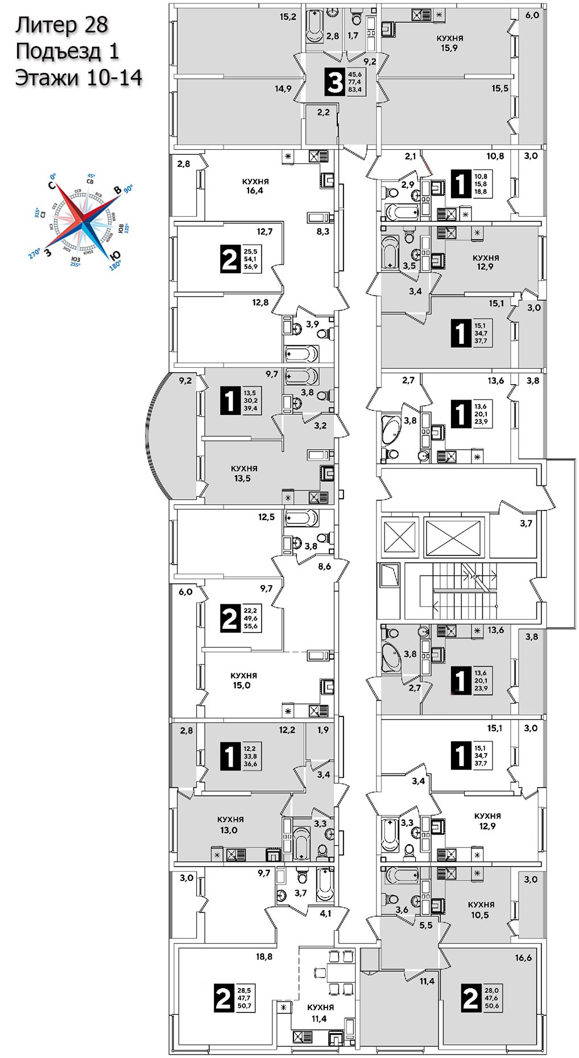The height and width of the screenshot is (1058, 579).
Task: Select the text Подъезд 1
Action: click(x=67, y=51)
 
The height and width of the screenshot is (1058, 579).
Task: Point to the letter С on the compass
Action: click(x=51, y=185)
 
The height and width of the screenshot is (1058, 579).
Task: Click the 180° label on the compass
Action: click(x=115, y=265)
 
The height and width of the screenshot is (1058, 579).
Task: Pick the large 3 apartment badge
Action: click(x=335, y=81)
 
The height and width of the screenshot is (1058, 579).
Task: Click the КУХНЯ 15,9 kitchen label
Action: click(x=449, y=43)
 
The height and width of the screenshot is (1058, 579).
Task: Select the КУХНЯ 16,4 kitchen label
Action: click(x=255, y=186)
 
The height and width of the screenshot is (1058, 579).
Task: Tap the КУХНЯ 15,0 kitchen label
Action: click(x=243, y=681)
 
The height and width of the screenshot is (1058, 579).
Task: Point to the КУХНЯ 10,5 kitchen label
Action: click(x=481, y=909)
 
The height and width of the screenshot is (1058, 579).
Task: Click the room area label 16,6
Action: click(x=523, y=958)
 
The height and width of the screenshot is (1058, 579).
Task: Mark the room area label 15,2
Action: click(x=288, y=17)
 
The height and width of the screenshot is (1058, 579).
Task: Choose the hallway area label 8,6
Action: click(x=324, y=566)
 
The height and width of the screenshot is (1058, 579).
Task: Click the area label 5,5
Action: click(x=425, y=925)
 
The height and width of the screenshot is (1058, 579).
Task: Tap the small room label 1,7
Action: click(x=353, y=35)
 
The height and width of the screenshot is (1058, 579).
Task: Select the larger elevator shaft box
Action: click(x=453, y=537)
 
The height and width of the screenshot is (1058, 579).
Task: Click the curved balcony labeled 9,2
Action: click(x=171, y=435)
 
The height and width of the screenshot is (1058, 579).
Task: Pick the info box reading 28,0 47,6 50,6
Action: click(x=491, y=998)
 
